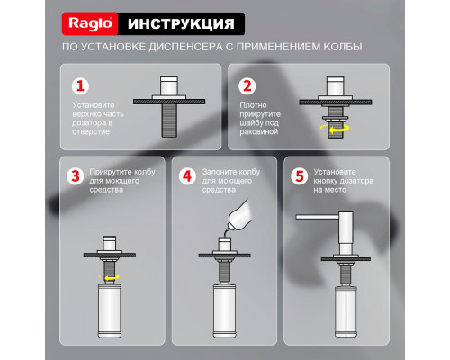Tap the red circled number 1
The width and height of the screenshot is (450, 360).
click(x=80, y=87)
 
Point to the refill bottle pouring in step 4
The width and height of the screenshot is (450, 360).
click(x=242, y=217)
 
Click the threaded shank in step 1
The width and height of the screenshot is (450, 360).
click(x=166, y=117)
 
